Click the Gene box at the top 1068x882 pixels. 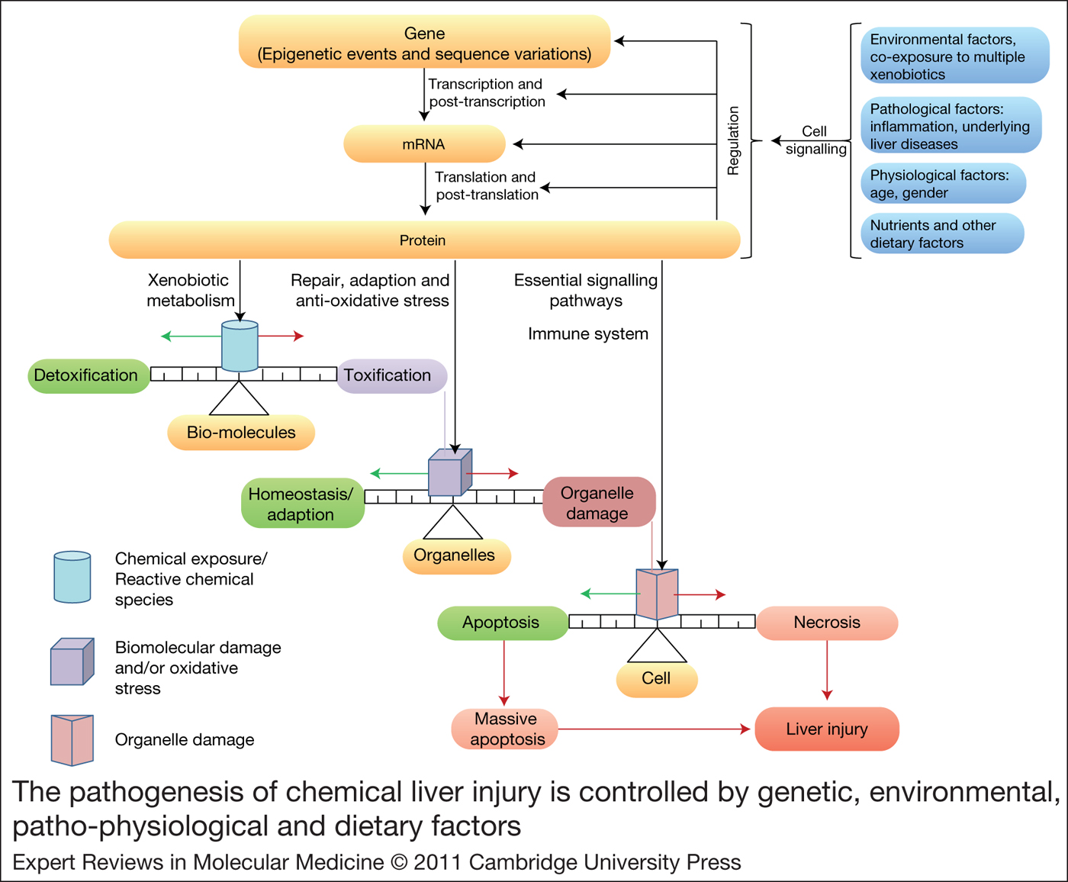coord(424,43)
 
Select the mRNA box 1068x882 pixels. coord(424,144)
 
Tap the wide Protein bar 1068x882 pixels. coord(424,240)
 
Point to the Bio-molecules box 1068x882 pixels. coord(241,433)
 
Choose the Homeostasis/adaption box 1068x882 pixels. coord(302,504)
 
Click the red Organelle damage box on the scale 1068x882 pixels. coord(598,503)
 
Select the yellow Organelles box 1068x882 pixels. coord(455,555)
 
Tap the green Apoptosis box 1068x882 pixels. coord(502,623)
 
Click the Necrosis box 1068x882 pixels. coord(826,623)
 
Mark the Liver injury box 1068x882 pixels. coord(826,729)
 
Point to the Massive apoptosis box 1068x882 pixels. coord(505,729)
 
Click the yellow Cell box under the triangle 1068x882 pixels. coord(656,679)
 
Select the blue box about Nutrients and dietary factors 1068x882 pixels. coord(941,234)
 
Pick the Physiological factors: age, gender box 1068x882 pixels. coord(943,184)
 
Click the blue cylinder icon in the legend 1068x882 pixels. coord(72,578)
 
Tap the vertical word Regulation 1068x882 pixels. coord(733,141)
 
